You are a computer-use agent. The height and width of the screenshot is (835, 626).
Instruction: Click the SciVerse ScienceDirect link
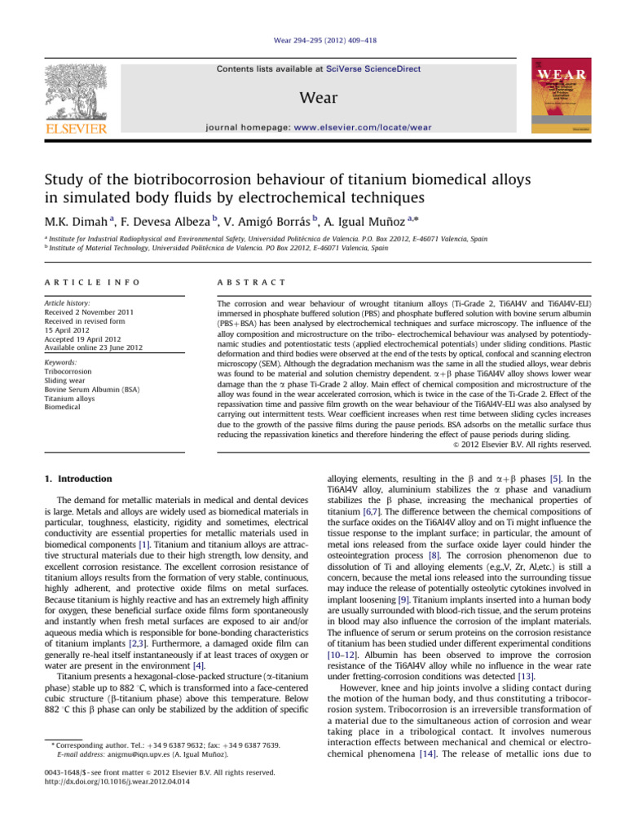coord(377,69)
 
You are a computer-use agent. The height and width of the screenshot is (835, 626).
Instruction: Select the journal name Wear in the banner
coord(313,98)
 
